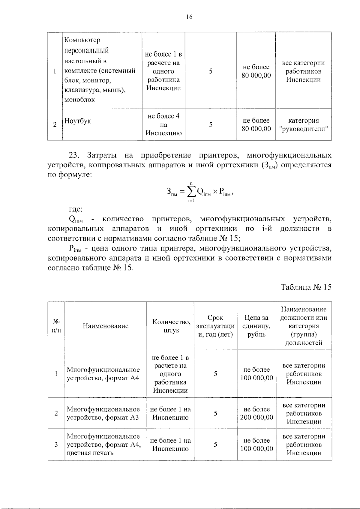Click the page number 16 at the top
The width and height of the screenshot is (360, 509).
click(189, 17)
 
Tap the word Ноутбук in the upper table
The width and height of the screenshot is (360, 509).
click(78, 121)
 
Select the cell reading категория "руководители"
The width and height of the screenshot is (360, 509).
click(303, 125)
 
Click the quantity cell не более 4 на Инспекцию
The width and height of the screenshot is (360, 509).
click(163, 124)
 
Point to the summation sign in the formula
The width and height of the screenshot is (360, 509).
click(191, 192)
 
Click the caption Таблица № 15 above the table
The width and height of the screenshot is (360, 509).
click(306, 287)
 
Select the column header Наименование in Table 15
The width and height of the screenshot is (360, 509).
click(106, 326)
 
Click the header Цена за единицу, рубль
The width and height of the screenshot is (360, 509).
click(256, 326)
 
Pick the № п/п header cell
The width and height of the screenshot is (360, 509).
click(56, 326)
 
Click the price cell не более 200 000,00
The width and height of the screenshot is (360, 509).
click(256, 413)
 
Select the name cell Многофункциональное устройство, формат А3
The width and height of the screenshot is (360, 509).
click(103, 413)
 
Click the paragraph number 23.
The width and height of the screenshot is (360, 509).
click(73, 155)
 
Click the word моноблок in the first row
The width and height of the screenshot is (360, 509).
click(79, 100)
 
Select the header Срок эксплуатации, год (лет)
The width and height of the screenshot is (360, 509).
click(215, 326)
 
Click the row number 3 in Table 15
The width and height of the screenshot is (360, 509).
click(56, 445)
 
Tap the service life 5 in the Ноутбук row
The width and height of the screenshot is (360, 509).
click(211, 124)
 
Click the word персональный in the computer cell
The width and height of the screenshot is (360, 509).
click(86, 50)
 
